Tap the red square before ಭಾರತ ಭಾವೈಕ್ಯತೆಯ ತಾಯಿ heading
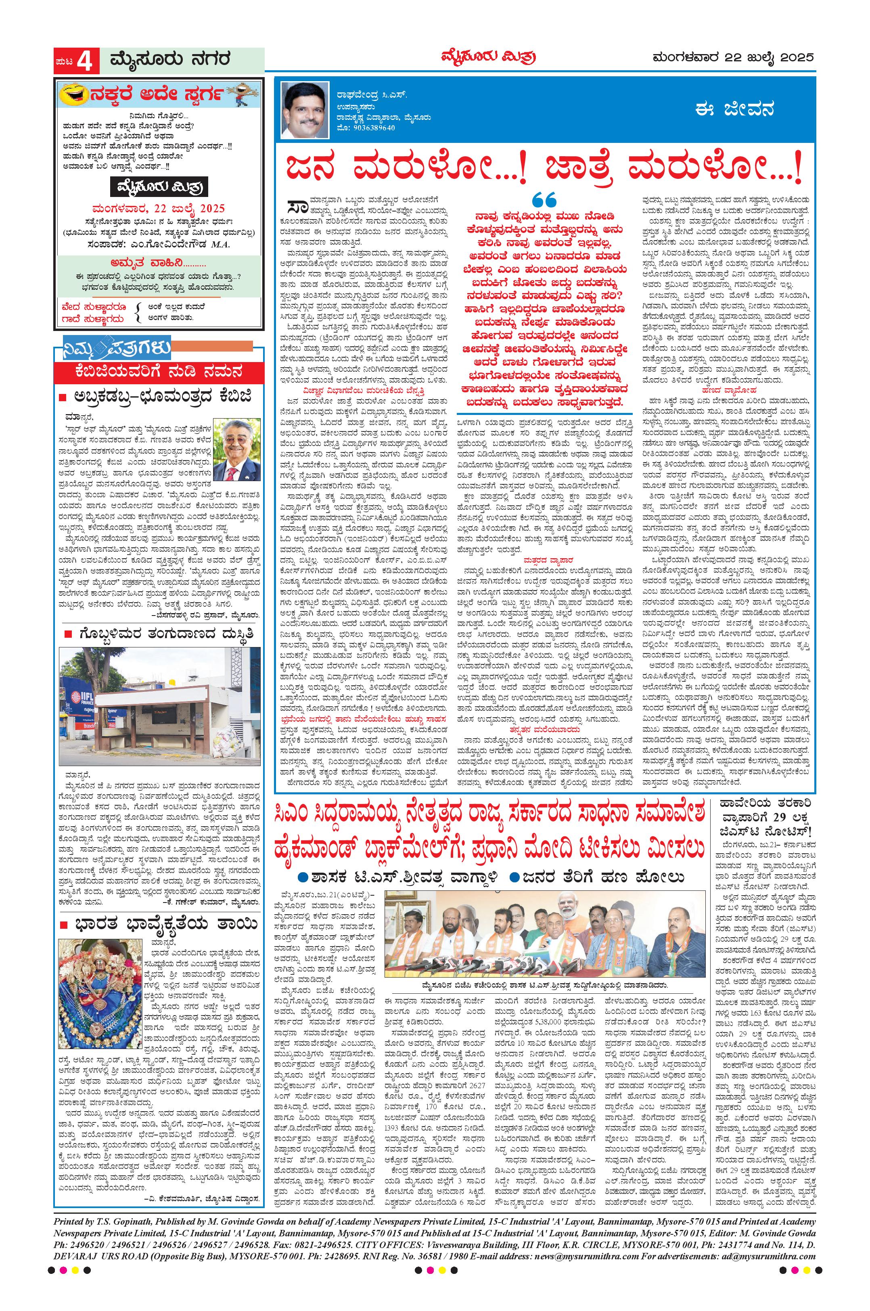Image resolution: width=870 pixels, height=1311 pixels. pyautogui.click(x=65, y=925)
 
